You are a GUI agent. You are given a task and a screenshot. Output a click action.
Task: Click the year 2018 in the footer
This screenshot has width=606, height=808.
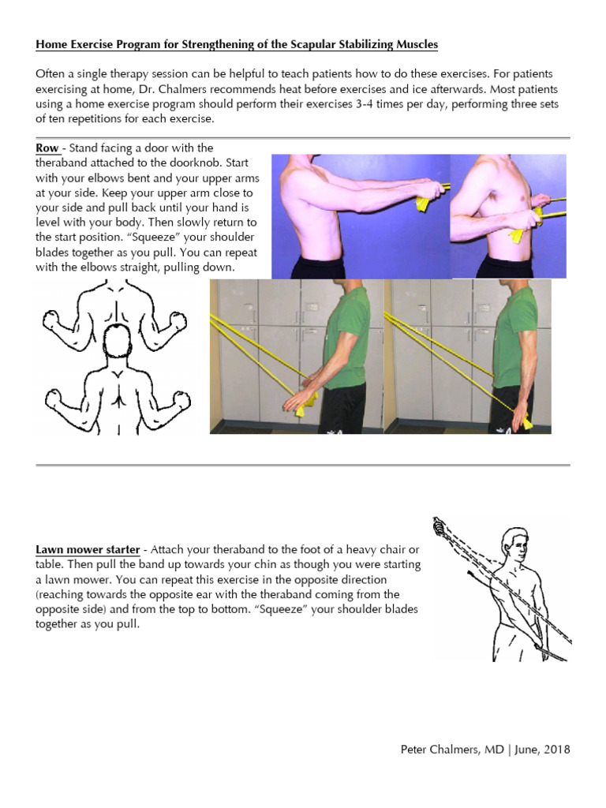coord(555,749)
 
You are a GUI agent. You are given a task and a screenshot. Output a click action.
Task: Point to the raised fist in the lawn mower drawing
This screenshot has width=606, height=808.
coord(440,526)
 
